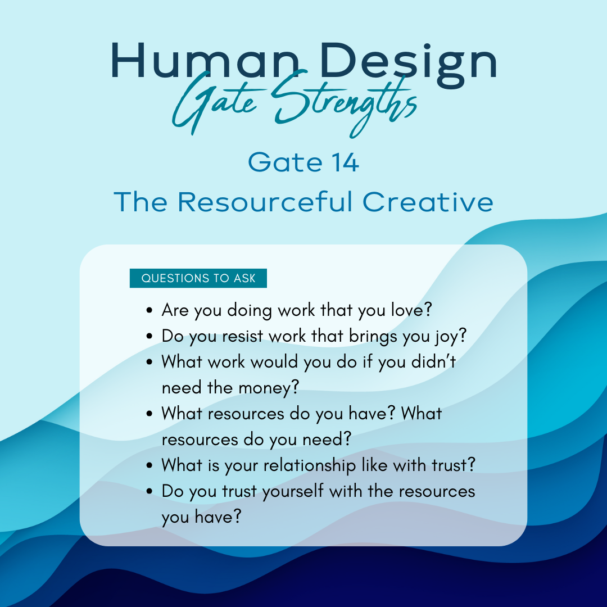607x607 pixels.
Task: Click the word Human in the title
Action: pyautogui.click(x=205, y=61)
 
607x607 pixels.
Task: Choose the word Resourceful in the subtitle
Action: pyautogui.click(x=265, y=202)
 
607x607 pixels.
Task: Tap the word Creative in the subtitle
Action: pyautogui.click(x=428, y=202)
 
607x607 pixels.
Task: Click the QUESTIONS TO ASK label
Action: pyautogui.click(x=198, y=278)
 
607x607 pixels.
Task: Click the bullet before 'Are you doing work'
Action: pyautogui.click(x=150, y=310)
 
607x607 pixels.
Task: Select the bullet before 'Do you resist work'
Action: pyautogui.click(x=150, y=336)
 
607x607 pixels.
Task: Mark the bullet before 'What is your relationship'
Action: pyautogui.click(x=150, y=465)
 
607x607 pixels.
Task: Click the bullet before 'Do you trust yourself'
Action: pyautogui.click(x=150, y=491)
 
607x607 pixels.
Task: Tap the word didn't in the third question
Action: pyautogui.click(x=433, y=361)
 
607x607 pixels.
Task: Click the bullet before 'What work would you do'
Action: pyautogui.click(x=150, y=362)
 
